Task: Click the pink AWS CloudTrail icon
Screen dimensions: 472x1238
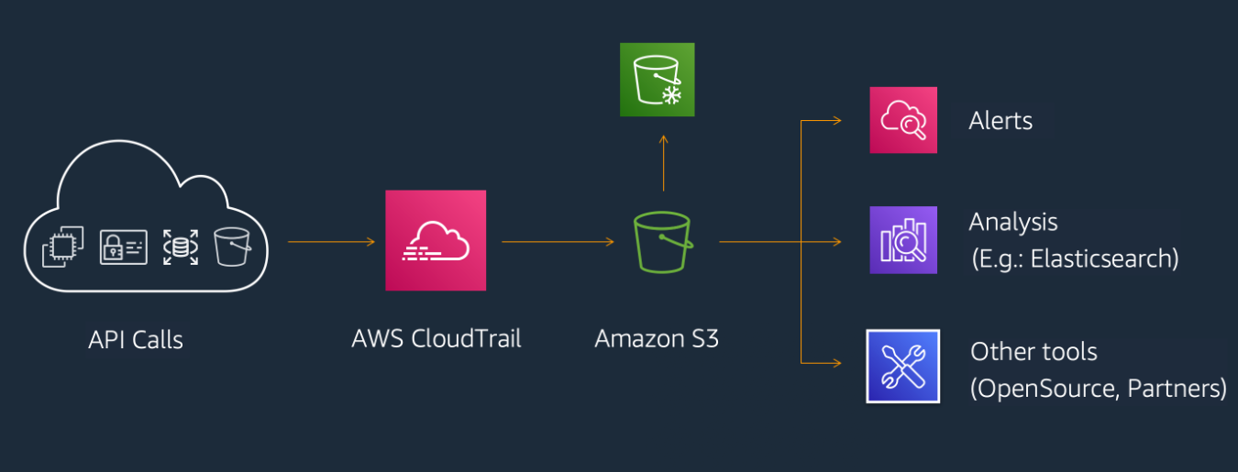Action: [436, 240]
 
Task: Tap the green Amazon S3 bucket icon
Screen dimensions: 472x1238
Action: [662, 242]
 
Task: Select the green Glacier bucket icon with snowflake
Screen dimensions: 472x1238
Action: [657, 80]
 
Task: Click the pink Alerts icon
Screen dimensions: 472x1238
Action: [903, 120]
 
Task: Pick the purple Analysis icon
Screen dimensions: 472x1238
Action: [903, 240]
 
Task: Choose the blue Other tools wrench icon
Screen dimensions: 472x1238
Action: [903, 366]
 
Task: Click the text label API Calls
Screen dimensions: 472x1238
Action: [136, 340]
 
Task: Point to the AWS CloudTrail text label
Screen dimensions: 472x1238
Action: [436, 338]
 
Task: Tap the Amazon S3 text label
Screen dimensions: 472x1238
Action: [657, 338]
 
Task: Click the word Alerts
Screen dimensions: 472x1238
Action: [1000, 121]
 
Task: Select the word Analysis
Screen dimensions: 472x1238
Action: [1013, 222]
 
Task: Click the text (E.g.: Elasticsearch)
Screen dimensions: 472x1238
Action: [1074, 258]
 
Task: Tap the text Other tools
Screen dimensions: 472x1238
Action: [1034, 352]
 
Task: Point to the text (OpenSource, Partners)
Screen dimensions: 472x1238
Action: [1098, 389]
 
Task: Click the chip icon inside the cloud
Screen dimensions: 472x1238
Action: [63, 247]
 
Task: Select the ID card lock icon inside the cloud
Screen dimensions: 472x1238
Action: [123, 247]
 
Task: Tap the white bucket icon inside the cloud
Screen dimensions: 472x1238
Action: [232, 247]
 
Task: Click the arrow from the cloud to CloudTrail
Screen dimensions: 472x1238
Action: [331, 242]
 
